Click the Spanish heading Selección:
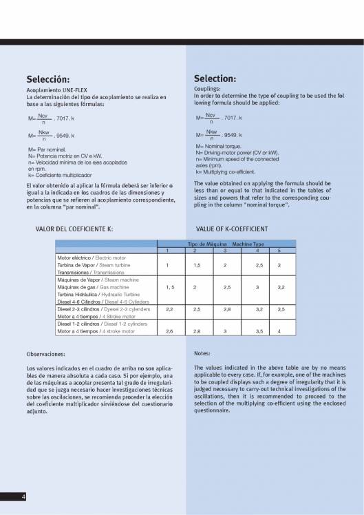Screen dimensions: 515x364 [x=47, y=78]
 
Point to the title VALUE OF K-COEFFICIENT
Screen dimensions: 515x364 [x=232, y=228]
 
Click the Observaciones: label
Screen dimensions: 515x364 [x=45, y=354]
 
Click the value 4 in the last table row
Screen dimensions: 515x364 [x=279, y=331]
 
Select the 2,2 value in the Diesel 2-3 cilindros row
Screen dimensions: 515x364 [x=169, y=309]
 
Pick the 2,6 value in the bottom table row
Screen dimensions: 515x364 [x=169, y=331]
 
